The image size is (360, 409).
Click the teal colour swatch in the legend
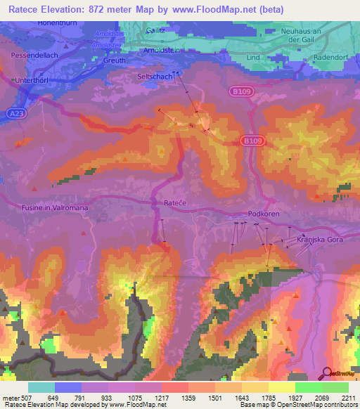coord(41,388)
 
